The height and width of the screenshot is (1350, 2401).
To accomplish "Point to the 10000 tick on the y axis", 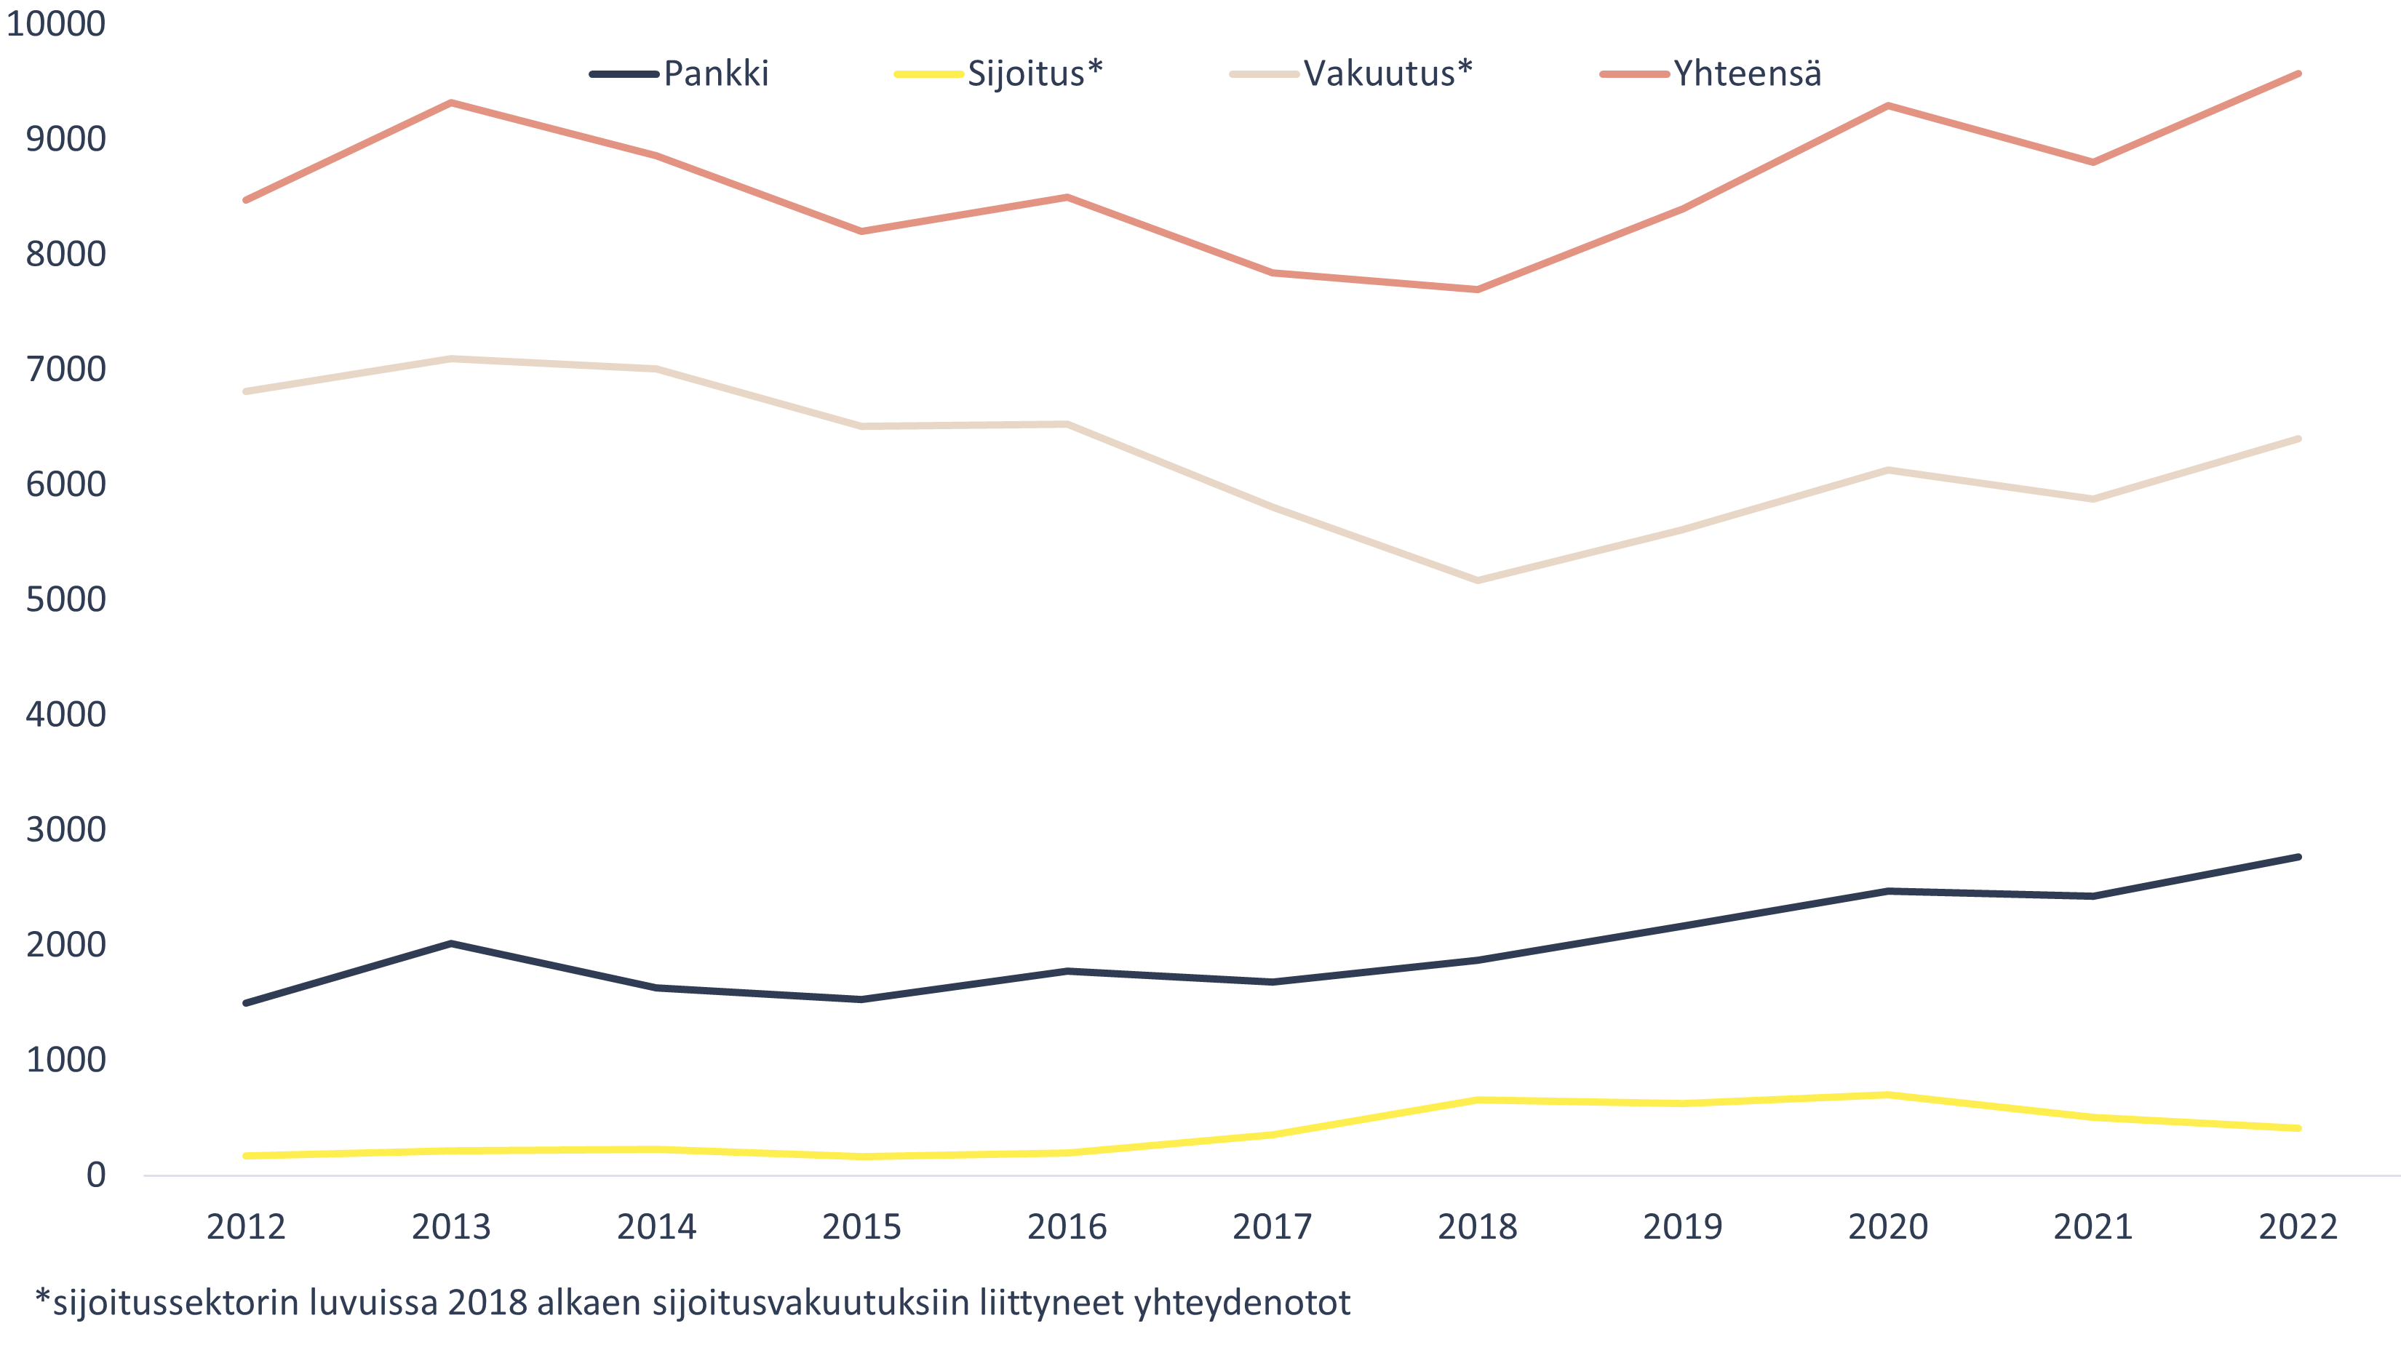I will point(56,23).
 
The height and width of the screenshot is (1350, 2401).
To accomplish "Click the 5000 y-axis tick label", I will point(65,599).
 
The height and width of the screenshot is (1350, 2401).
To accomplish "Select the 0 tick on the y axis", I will point(95,1175).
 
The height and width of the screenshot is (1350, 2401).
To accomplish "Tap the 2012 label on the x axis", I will point(246,1227).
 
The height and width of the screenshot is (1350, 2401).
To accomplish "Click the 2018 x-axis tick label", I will point(1477,1227).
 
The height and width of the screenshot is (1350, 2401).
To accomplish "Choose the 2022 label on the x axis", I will point(2298,1227).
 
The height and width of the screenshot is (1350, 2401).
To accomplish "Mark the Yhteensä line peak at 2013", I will point(451,103).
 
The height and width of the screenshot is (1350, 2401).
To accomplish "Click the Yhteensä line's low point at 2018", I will point(1477,289).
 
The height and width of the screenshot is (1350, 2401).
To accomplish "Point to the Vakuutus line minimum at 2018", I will point(1477,580).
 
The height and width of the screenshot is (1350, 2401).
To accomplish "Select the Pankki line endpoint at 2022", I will point(2298,857).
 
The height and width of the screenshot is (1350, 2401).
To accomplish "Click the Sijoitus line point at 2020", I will point(1887,1095).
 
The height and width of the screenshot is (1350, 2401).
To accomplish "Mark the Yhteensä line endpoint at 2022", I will point(2298,73).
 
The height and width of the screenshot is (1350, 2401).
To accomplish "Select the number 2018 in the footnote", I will point(487,1303).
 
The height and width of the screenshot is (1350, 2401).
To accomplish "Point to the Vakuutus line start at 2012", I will point(246,391).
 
